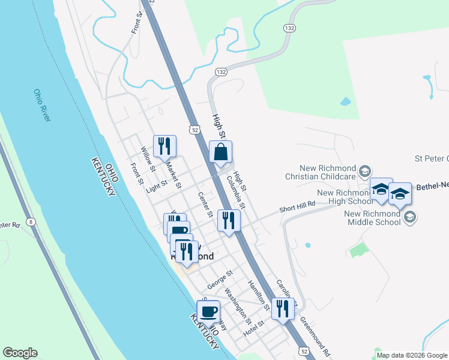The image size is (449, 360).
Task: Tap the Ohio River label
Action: tap(42, 106)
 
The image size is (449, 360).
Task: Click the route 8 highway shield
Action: tap(30, 221)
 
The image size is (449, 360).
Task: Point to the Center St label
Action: tap(205, 204)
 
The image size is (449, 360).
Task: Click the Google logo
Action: tap(20, 353)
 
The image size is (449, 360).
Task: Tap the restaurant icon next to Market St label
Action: tap(164, 146)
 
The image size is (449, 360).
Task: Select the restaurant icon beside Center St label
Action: tap(229, 220)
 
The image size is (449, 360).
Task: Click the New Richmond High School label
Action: tap(342, 197)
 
